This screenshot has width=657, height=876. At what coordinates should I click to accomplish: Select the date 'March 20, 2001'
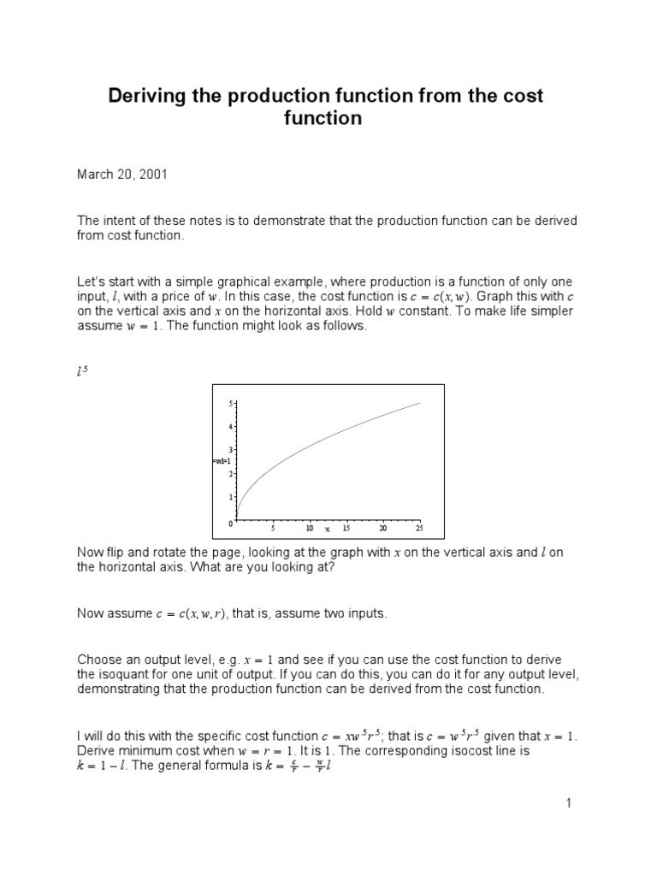pyautogui.click(x=122, y=174)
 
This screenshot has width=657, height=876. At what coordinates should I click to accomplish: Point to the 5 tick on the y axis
pyautogui.click(x=231, y=403)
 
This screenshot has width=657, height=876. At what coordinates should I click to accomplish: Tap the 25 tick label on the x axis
pyautogui.click(x=419, y=528)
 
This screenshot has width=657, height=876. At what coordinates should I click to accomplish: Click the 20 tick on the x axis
pyautogui.click(x=383, y=528)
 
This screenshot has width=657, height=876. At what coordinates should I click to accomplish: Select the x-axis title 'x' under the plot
pyautogui.click(x=327, y=529)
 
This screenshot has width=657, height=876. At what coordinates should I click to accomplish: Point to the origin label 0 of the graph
pyautogui.click(x=230, y=522)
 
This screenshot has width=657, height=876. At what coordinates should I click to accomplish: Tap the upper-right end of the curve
pyautogui.click(x=419, y=403)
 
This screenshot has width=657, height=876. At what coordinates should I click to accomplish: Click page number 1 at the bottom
pyautogui.click(x=567, y=803)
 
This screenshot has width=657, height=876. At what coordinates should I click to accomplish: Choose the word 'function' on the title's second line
pyautogui.click(x=323, y=118)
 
